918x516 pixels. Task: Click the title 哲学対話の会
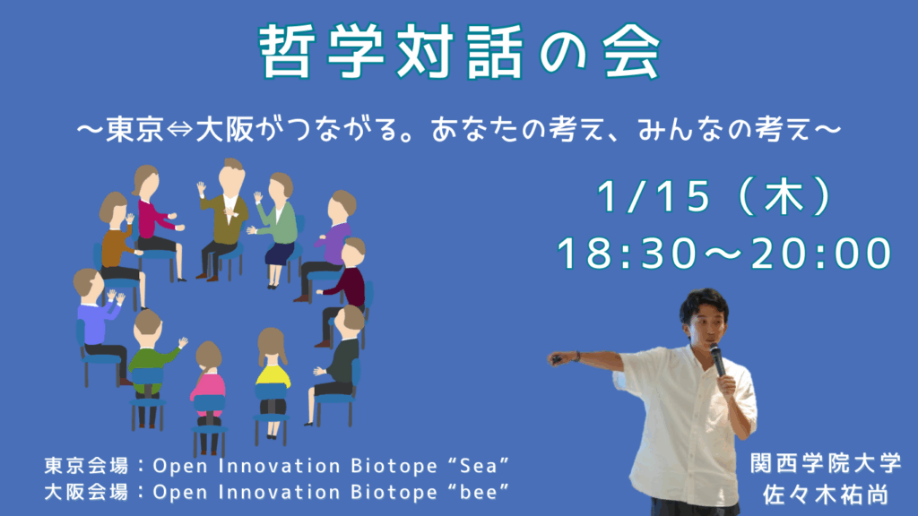(x=460, y=52)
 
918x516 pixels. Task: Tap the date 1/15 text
(x=654, y=196)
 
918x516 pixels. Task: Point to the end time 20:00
(x=821, y=254)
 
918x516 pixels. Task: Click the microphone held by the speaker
(x=717, y=360)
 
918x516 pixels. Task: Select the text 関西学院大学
(x=826, y=463)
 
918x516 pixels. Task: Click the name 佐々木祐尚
(x=826, y=494)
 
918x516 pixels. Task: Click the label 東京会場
(x=87, y=466)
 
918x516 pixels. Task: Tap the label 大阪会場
(x=87, y=492)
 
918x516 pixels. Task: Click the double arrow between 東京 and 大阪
(x=179, y=130)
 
